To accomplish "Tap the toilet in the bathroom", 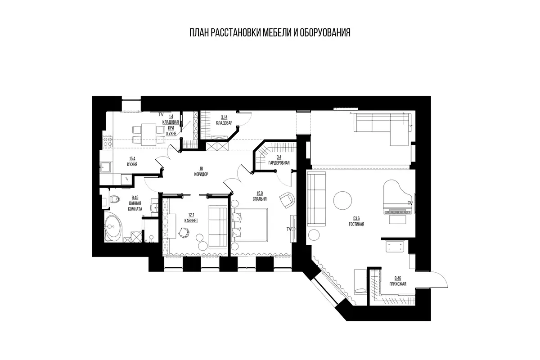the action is [x=114, y=199].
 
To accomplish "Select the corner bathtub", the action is [x=114, y=227].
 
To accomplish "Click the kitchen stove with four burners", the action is [x=107, y=142].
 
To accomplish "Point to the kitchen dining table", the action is [x=149, y=135].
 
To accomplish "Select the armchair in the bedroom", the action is [x=288, y=200].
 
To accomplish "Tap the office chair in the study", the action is [x=184, y=233].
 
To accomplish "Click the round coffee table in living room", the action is [x=342, y=201].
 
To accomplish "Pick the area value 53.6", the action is [x=356, y=218].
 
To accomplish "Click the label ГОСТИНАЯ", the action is [x=356, y=224].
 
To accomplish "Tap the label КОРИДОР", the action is [x=201, y=174].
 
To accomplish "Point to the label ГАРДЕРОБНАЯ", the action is [x=279, y=163].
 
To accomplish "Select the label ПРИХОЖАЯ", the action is [x=398, y=284].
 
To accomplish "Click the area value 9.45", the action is [x=135, y=198].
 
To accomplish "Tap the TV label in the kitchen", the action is [x=161, y=115].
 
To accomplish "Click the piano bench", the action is [x=397, y=220].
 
